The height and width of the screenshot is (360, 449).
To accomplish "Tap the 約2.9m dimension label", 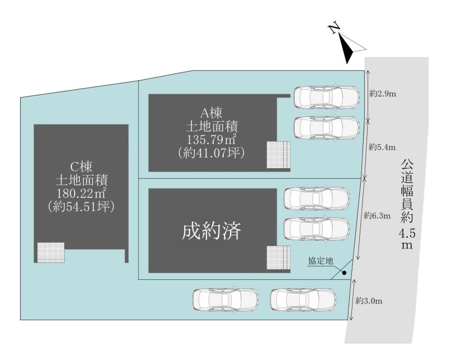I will [x=383, y=94].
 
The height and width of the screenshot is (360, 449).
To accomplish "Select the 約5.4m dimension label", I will [x=382, y=148].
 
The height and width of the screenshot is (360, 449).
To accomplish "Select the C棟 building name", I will [x=81, y=167].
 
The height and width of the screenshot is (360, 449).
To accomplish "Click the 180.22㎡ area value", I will [x=81, y=193].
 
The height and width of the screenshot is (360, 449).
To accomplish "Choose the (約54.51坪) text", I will [x=81, y=206].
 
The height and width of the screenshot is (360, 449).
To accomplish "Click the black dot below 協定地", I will [x=344, y=274].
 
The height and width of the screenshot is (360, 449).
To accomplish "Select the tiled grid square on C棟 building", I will [x=51, y=252].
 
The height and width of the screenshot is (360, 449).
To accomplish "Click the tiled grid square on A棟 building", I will [x=278, y=155].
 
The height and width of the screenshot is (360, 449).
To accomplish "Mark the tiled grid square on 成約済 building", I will [x=278, y=259].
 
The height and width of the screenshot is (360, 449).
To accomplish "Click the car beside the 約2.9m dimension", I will [x=327, y=97].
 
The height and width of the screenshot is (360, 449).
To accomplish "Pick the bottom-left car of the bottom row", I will [x=226, y=299].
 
